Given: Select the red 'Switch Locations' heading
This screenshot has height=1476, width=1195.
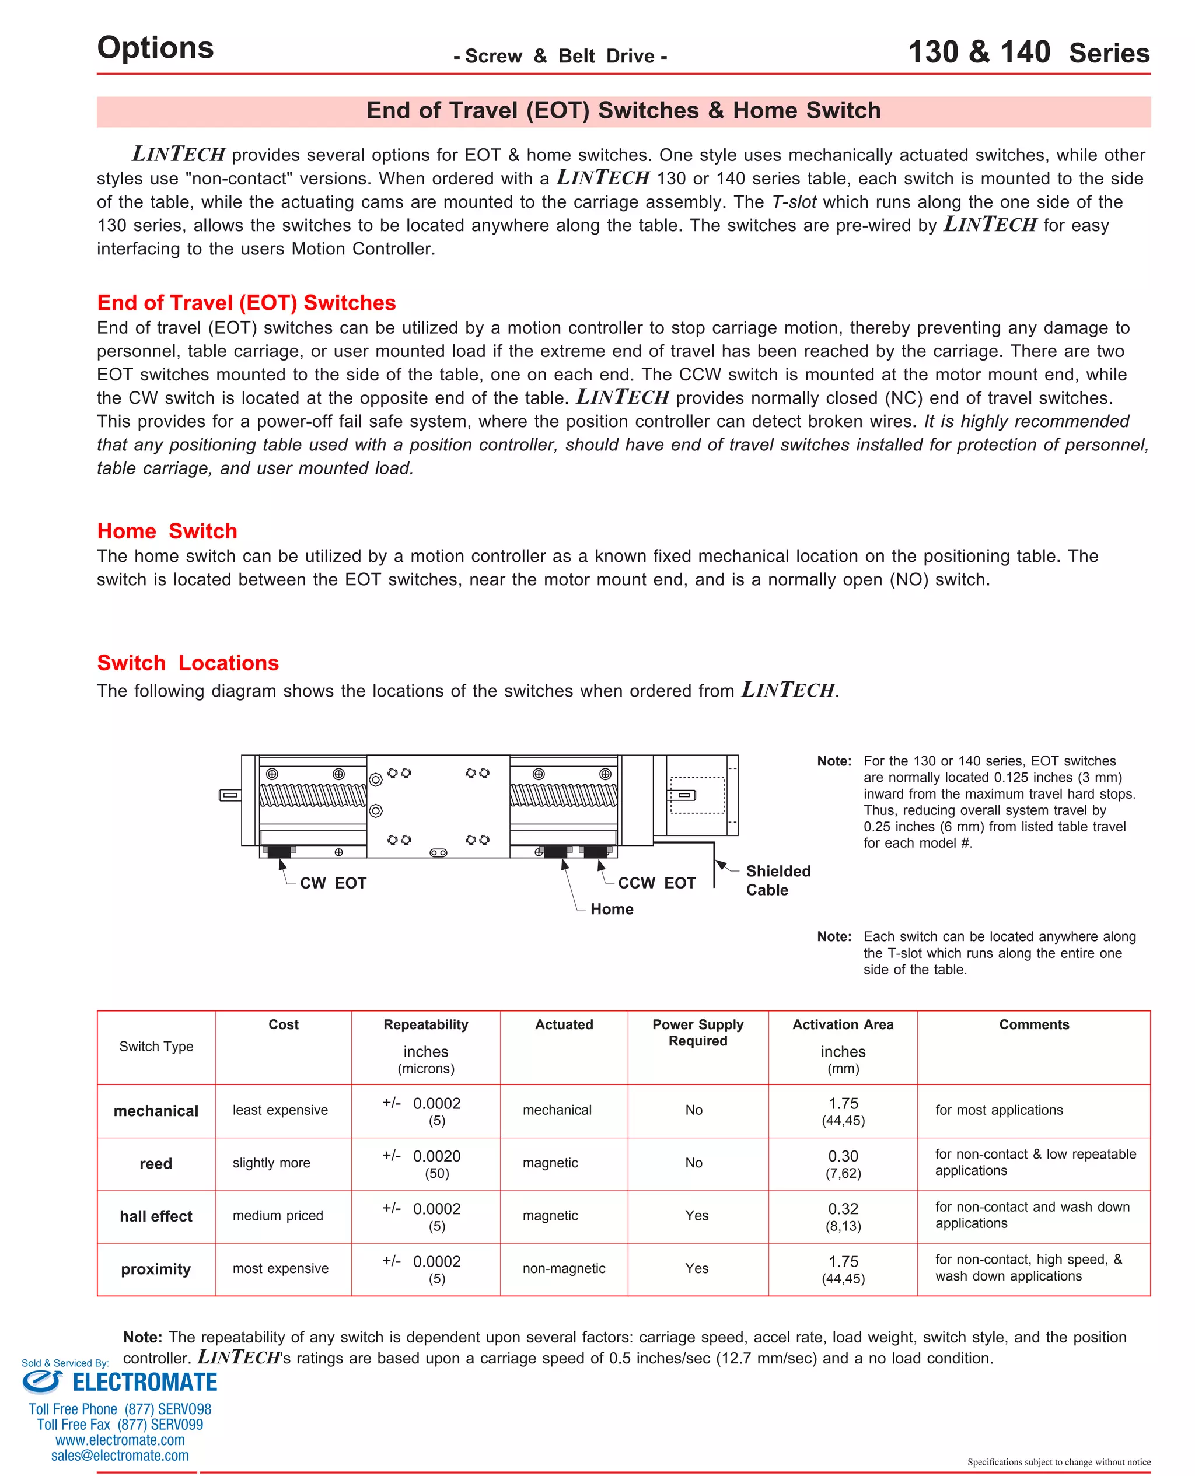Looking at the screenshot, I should [187, 662].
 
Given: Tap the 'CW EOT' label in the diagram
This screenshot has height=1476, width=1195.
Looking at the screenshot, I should [333, 883].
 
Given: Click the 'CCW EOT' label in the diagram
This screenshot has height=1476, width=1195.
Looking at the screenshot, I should [656, 883].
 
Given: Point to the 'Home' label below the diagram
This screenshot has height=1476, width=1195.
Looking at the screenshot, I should [612, 909].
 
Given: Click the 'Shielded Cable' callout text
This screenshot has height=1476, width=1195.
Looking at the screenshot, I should [778, 880].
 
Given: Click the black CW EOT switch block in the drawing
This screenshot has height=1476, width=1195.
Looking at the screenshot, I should [279, 851].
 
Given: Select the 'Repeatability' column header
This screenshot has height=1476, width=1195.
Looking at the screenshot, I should [425, 1024].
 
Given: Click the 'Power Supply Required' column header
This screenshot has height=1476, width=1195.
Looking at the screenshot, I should [697, 1032].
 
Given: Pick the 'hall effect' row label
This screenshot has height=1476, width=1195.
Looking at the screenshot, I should [156, 1216].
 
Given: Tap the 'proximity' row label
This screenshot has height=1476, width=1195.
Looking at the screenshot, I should [156, 1269].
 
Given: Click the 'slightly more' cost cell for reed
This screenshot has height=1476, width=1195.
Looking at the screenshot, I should [271, 1163].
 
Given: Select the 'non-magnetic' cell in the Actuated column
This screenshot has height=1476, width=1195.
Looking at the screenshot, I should [564, 1268].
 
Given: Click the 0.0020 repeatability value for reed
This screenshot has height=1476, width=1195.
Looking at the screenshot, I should [436, 1156].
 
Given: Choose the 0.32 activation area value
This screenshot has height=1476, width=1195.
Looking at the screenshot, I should [843, 1209].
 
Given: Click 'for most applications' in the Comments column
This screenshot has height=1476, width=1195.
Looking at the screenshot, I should [999, 1110].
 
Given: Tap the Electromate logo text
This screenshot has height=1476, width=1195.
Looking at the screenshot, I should [145, 1383].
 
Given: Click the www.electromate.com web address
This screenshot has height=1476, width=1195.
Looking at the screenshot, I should [120, 1440].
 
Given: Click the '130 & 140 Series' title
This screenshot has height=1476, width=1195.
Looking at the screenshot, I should [1029, 53].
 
